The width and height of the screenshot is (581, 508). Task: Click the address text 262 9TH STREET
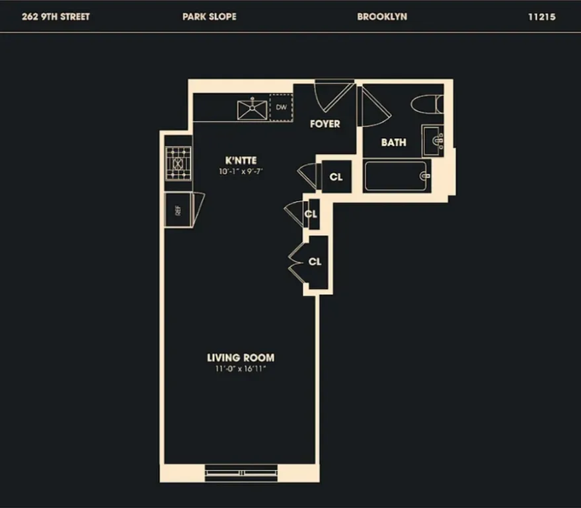(x=56, y=17)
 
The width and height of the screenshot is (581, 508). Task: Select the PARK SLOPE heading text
(x=208, y=17)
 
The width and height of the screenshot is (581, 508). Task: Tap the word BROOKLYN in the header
(x=382, y=17)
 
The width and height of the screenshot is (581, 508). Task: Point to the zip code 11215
(x=541, y=17)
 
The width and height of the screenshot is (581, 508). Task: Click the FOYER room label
(x=325, y=124)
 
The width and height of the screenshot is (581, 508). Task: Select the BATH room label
(x=393, y=142)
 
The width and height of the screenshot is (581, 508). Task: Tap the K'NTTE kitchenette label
(x=241, y=160)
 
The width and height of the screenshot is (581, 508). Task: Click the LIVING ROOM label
(x=241, y=358)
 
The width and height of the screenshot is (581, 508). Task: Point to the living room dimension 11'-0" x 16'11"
(x=241, y=368)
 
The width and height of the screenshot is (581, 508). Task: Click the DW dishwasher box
(x=281, y=107)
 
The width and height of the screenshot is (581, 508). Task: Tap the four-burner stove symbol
(x=178, y=162)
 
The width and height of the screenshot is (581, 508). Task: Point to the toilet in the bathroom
(x=426, y=104)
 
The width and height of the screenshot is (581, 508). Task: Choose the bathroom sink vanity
(x=433, y=140)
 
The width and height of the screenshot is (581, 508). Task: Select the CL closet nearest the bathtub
(x=336, y=177)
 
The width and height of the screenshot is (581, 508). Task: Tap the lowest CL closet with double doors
(x=315, y=261)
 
